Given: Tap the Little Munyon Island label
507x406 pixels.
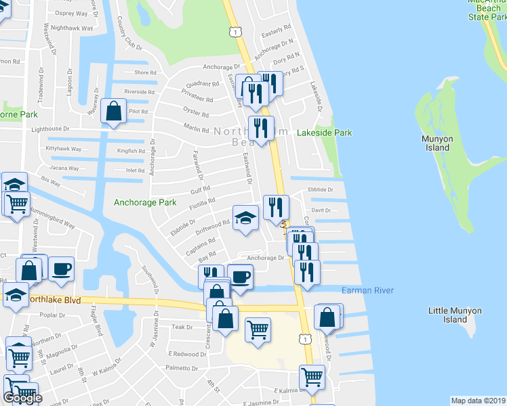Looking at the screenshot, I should pyautogui.click(x=455, y=315).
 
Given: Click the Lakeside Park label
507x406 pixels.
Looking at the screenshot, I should pyautogui.click(x=325, y=133).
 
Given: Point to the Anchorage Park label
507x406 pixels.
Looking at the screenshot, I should pyautogui.click(x=145, y=202).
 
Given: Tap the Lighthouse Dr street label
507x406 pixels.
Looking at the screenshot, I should pyautogui.click(x=46, y=128).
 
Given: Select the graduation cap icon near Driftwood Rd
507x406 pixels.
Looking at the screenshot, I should pyautogui.click(x=245, y=218).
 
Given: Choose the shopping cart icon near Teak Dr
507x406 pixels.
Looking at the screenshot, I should pyautogui.click(x=258, y=330).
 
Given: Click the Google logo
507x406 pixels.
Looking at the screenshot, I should pyautogui.click(x=22, y=398).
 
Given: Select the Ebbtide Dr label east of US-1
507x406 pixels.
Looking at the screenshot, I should pyautogui.click(x=321, y=190).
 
